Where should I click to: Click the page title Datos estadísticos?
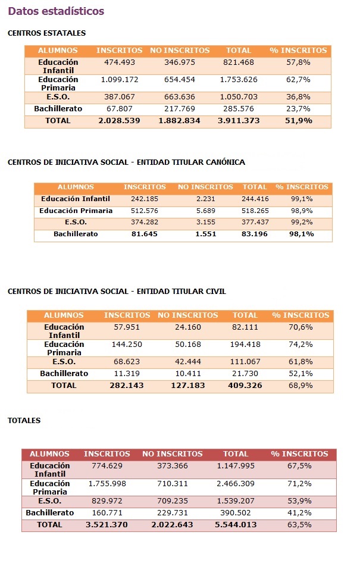point(56,11)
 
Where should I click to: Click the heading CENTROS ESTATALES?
point(46,33)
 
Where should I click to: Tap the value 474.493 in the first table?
point(119,62)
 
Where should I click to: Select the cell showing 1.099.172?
point(120,80)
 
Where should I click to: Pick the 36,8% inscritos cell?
point(298,97)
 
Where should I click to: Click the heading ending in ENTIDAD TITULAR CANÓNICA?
point(126,162)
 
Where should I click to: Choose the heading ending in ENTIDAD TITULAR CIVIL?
point(117,292)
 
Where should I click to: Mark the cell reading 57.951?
point(127,327)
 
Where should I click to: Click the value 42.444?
point(187,362)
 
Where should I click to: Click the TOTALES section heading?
point(24,421)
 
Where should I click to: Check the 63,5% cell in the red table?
point(299,525)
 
